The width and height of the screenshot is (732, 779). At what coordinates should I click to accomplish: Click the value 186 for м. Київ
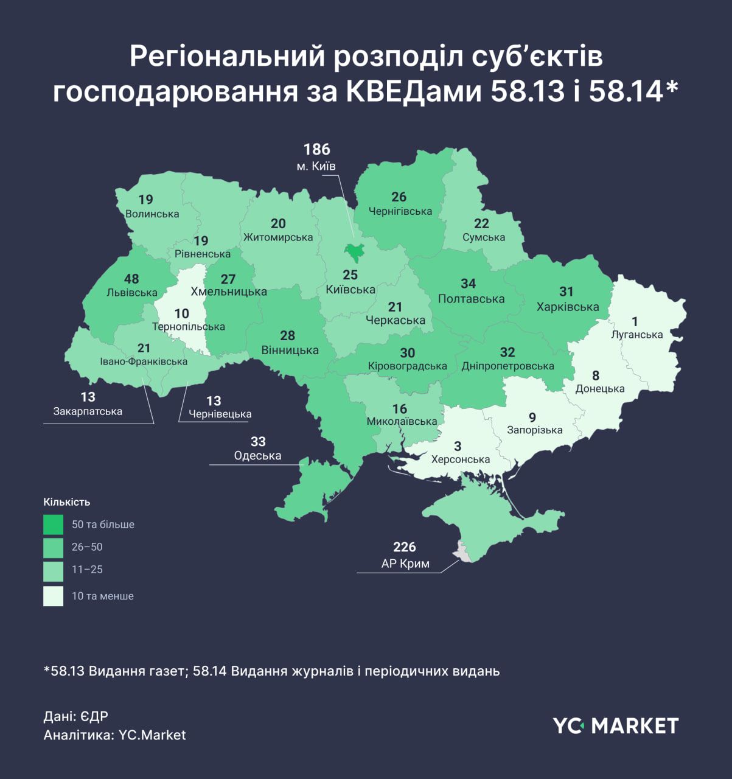coord(316,149)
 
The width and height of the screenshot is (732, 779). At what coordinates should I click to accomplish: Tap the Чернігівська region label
coord(400,211)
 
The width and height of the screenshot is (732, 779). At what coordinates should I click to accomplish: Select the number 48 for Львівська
coord(131,279)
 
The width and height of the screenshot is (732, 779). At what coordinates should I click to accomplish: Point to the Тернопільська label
coord(188,327)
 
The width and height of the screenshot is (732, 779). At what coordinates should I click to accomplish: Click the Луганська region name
coord(637,335)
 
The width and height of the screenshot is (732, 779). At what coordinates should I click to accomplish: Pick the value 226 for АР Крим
coord(405,547)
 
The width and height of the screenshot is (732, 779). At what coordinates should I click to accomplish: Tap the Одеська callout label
coord(257,456)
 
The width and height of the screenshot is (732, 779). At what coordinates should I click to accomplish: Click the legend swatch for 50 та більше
coord(53,525)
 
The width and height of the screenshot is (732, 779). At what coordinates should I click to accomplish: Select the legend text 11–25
coord(87,570)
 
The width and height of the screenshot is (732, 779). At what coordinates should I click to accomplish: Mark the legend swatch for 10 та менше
coord(53,596)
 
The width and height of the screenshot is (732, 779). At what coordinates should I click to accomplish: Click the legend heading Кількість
coord(67,502)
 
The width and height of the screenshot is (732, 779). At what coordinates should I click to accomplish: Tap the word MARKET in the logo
coord(635,725)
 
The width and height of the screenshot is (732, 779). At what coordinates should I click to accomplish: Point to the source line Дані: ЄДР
coord(75,716)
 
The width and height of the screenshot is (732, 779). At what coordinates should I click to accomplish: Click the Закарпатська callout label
coord(88,411)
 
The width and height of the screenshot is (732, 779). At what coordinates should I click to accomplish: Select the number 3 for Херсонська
coord(458,447)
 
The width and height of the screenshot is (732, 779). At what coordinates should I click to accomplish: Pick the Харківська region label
coord(567,307)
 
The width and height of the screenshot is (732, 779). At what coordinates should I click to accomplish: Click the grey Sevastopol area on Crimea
coord(463,554)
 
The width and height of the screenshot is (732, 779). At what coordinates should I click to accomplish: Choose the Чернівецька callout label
coord(220,414)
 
